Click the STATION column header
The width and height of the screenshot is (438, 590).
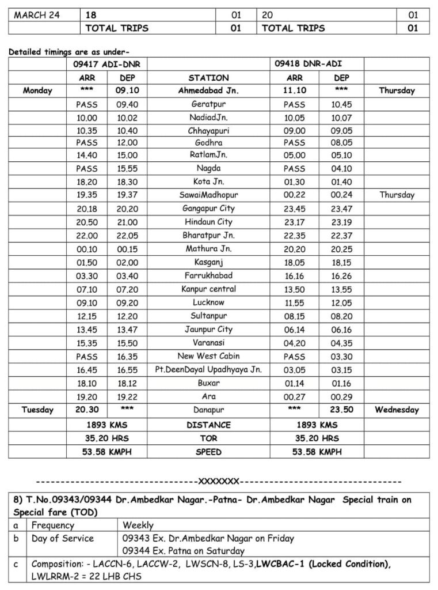(x=208, y=78)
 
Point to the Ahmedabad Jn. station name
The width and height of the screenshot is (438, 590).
(x=208, y=90)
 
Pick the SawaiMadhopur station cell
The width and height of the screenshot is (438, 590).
(x=208, y=195)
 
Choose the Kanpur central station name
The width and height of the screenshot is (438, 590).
(x=208, y=289)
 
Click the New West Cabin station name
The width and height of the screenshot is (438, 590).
(x=208, y=356)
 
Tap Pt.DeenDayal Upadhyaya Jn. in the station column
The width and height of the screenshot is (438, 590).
(x=208, y=369)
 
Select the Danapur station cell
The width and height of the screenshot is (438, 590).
(x=208, y=410)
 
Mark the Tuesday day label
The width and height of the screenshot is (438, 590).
(x=37, y=410)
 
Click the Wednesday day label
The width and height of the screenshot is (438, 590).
(x=397, y=410)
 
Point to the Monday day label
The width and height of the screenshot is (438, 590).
(x=37, y=90)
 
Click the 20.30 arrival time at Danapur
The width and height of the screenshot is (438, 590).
(x=86, y=410)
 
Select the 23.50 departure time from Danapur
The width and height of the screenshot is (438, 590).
(x=342, y=410)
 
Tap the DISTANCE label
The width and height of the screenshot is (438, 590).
(x=208, y=425)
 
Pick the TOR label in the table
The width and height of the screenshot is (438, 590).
(x=208, y=438)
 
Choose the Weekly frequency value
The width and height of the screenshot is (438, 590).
(x=138, y=525)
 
